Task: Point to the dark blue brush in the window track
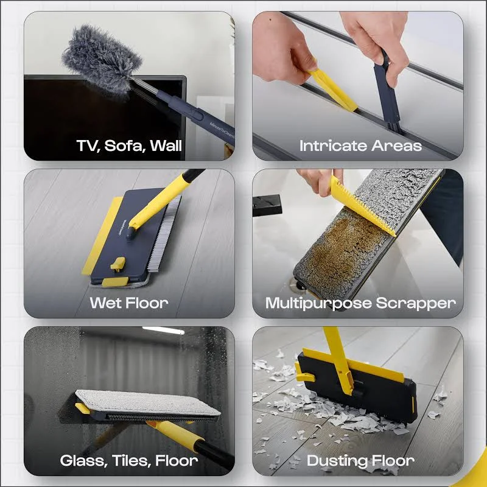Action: (386, 96)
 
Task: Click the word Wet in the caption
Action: (105, 303)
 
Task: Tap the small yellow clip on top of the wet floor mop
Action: (118, 264)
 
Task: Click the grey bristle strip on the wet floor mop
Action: (164, 233)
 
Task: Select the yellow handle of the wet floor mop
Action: (158, 202)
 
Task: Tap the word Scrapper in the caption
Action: (416, 303)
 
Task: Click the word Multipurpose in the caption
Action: (318, 303)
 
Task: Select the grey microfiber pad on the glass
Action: (147, 403)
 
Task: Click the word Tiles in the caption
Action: (131, 461)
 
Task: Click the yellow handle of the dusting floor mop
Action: (338, 360)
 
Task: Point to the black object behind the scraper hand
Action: (267, 205)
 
